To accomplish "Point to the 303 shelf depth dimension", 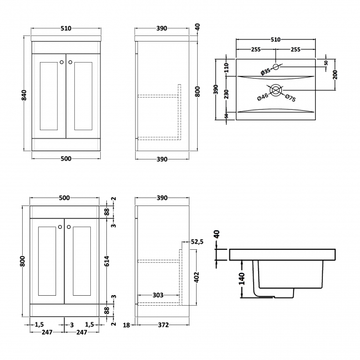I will (x=157, y=295).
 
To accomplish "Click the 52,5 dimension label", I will (x=198, y=241).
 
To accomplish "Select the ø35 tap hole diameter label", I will (x=266, y=71).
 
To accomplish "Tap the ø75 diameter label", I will (x=290, y=99).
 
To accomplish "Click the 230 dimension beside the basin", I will (x=227, y=95).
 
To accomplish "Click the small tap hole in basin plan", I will (x=276, y=68).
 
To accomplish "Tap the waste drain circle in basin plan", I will (x=276, y=89).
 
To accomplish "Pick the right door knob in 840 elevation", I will (x=70, y=61).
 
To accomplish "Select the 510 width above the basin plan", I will (x=276, y=39).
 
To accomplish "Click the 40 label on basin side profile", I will (x=217, y=234).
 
